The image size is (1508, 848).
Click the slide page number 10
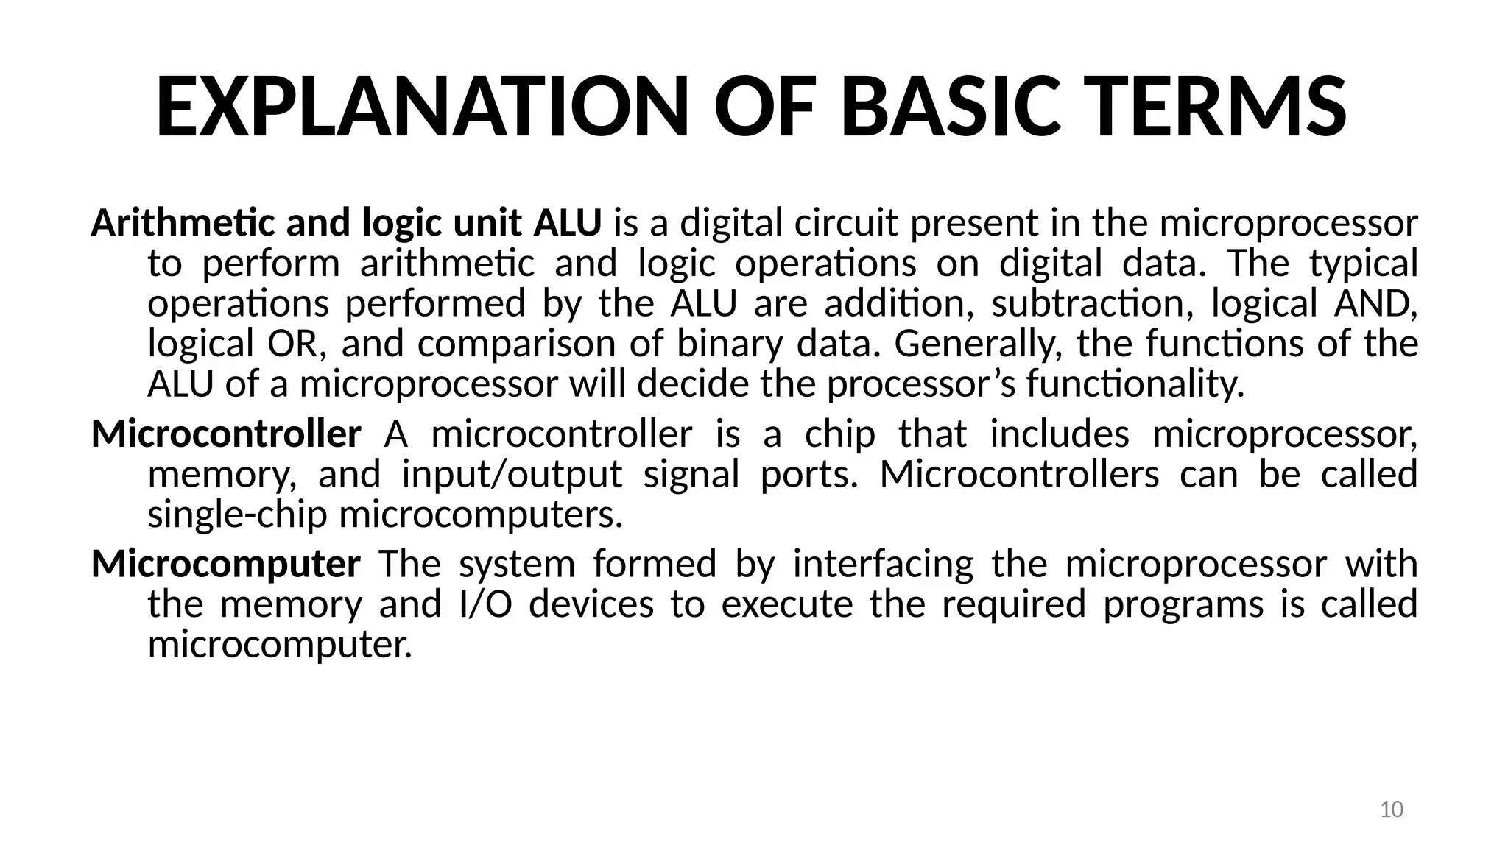pos(1391,810)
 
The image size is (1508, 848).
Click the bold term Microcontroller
pos(226,434)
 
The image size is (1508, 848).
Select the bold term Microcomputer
pos(226,565)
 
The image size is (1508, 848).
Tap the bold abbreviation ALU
pos(567,223)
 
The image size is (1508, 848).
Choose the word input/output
pos(512,474)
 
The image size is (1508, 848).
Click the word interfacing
pos(883,565)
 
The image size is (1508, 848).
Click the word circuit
pos(846,223)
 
